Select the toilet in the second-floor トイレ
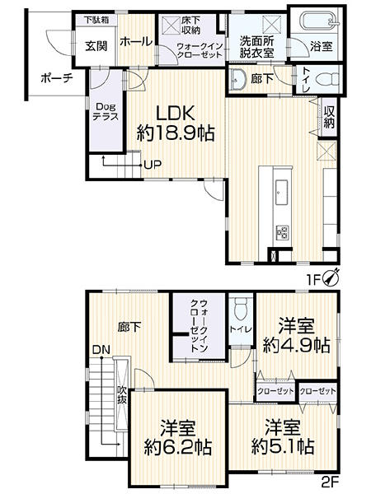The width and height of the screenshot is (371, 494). coord(241,307)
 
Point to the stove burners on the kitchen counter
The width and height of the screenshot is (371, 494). coord(282,232)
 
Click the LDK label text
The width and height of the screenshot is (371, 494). coord(176,114)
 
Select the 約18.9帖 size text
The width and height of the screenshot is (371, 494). coord(176,133)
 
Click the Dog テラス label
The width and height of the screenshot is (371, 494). coord(106,111)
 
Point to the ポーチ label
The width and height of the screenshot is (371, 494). coord(57,78)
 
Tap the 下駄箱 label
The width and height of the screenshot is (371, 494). coord(96,20)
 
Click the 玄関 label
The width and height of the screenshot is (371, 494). coord(96,46)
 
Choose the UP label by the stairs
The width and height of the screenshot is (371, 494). coord(153,164)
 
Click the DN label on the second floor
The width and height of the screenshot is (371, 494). coord(101,349)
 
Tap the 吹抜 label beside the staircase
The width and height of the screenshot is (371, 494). coord(122,394)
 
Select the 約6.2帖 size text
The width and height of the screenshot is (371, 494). coord(177,446)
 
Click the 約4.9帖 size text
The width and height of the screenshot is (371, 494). coord(297,345)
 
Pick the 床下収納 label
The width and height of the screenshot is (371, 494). coord(191,26)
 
